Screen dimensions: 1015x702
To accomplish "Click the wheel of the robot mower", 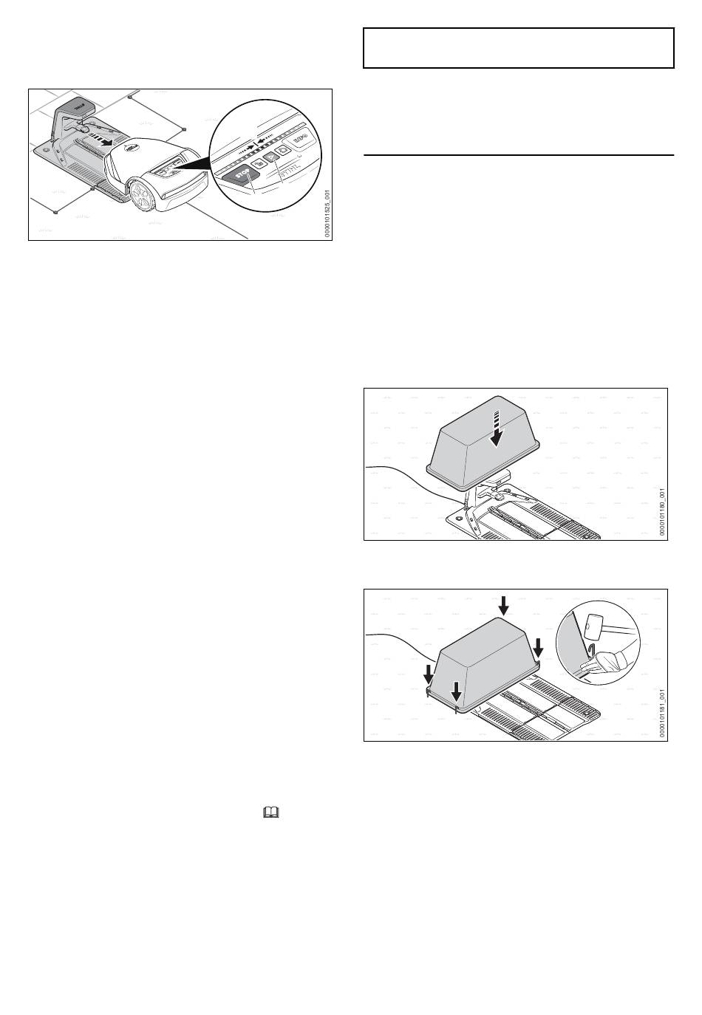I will (x=142, y=194).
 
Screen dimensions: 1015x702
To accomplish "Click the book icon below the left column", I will (x=271, y=813).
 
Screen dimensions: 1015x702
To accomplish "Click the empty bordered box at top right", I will (x=519, y=48).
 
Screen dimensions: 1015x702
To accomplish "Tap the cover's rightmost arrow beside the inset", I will (x=539, y=648).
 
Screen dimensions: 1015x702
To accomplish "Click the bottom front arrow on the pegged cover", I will (x=457, y=691).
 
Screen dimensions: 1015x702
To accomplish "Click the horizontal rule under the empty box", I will (x=519, y=155).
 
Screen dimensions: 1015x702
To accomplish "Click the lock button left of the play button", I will (x=259, y=163).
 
